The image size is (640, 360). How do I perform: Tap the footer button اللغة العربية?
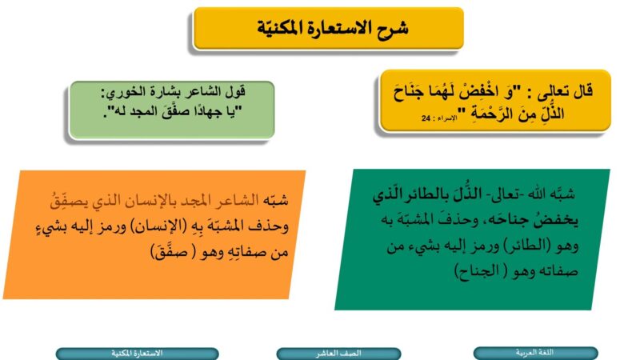pyautogui.click(x=535, y=353)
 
